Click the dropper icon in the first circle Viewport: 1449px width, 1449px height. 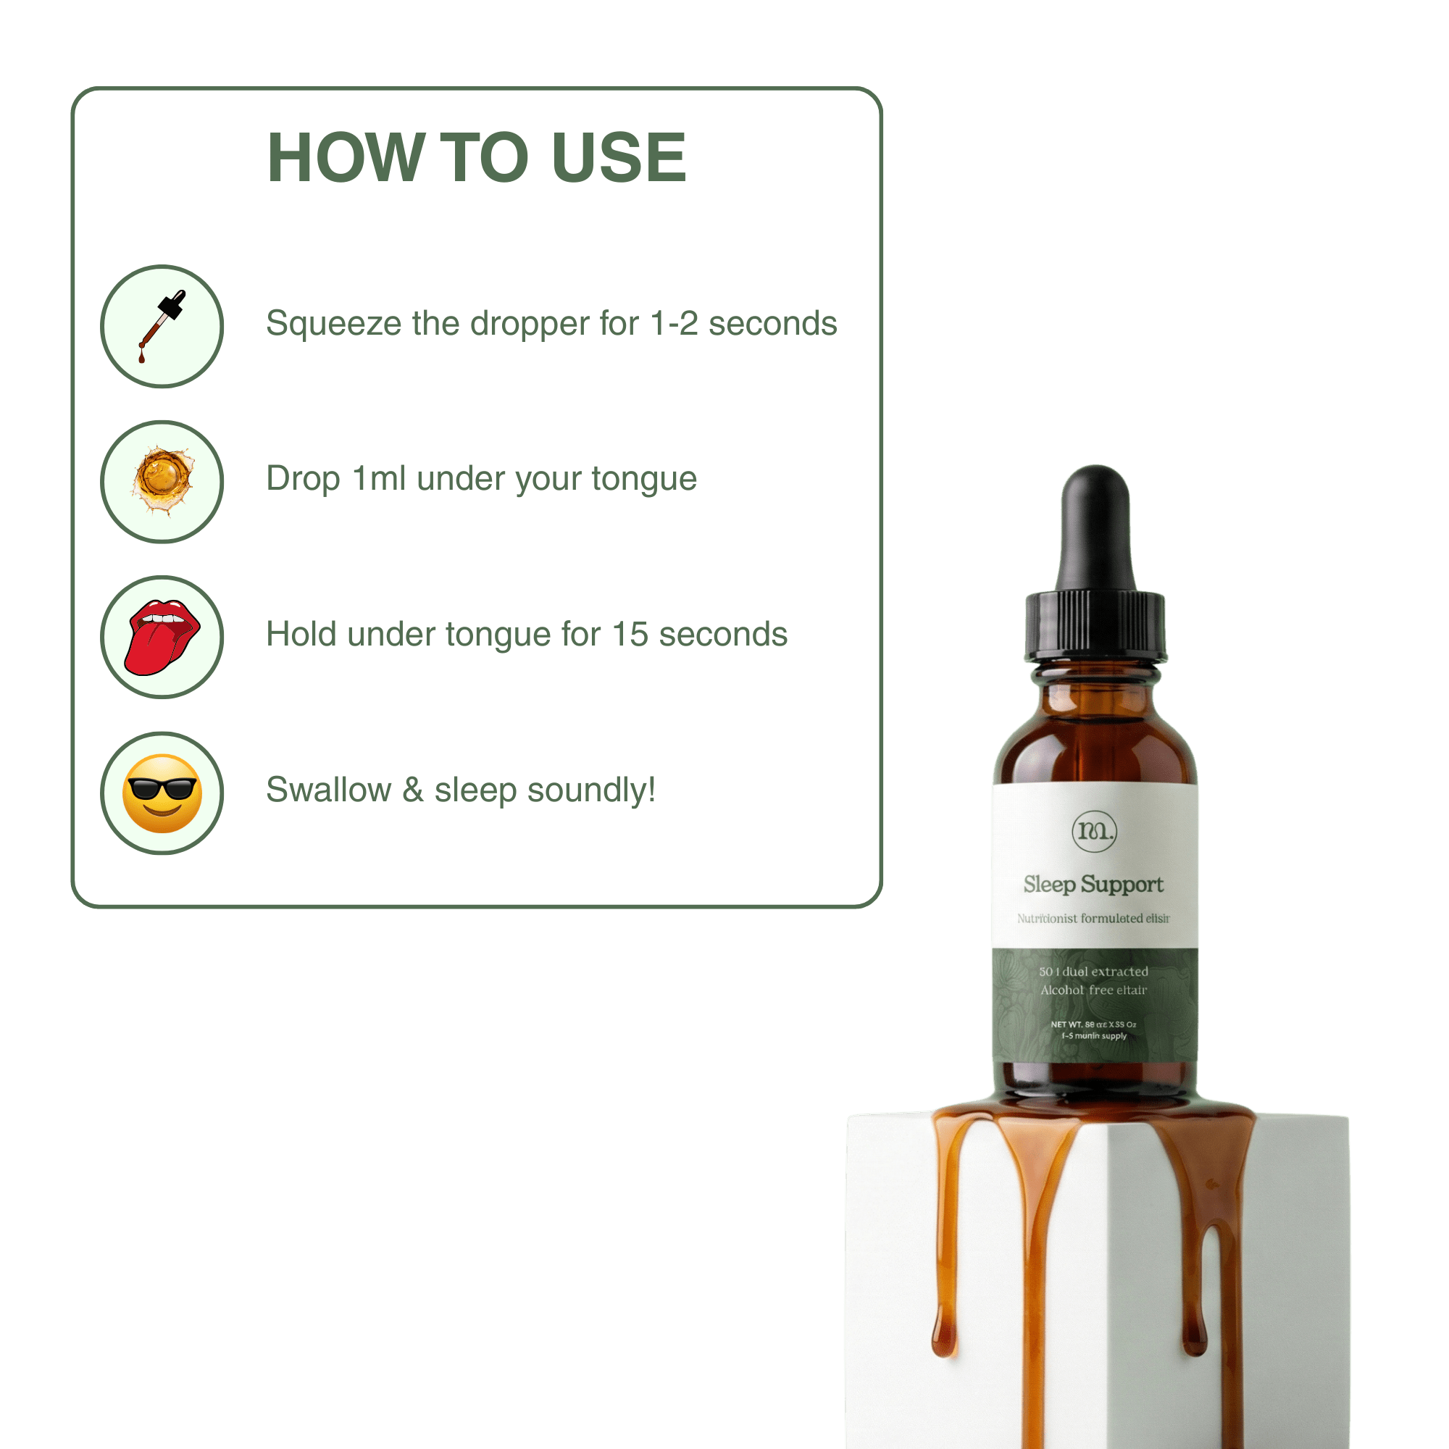162,326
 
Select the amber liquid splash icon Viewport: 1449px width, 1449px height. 162,481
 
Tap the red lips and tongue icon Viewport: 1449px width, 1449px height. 162,637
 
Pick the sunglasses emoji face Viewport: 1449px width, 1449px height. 162,793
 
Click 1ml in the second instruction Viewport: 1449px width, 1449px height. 379,478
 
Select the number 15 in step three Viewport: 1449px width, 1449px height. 630,635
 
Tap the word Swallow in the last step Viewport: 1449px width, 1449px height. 328,790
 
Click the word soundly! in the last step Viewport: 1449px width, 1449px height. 591,790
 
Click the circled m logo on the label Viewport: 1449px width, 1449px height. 1094,830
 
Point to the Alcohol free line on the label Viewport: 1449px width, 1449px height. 1093,990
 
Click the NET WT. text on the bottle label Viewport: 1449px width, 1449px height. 1066,1024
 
